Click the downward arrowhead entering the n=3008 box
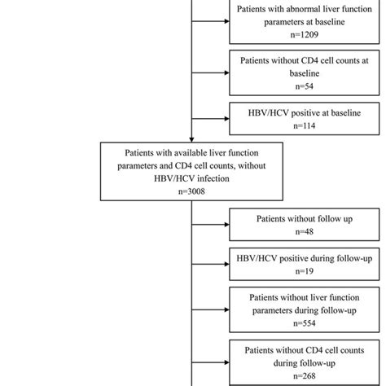(x=191, y=139)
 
